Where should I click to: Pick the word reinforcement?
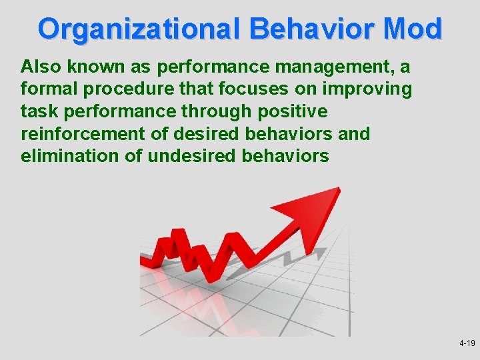pyautogui.click(x=83, y=134)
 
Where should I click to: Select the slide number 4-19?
pyautogui.click(x=467, y=343)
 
